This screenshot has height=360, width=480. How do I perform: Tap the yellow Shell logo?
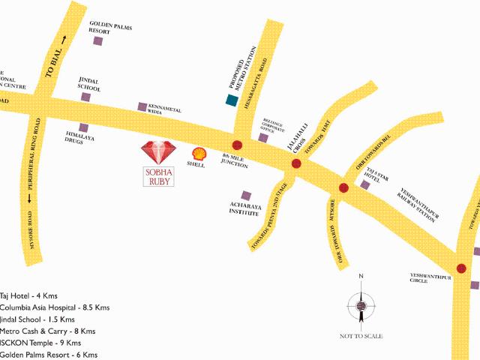[199, 152]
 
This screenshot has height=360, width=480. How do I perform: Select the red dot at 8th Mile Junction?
[237, 145]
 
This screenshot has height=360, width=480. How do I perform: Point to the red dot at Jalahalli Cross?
[296, 163]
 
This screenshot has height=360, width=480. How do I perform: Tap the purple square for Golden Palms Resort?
[97, 41]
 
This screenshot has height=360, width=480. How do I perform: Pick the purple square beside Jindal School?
[86, 97]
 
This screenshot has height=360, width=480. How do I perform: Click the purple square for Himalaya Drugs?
[83, 127]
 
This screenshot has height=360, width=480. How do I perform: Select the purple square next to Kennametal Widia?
[142, 107]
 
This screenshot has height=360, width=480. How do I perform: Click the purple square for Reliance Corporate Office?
[262, 137]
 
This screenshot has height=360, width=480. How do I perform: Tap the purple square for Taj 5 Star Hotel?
[364, 184]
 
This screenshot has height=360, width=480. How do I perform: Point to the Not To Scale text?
[361, 335]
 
